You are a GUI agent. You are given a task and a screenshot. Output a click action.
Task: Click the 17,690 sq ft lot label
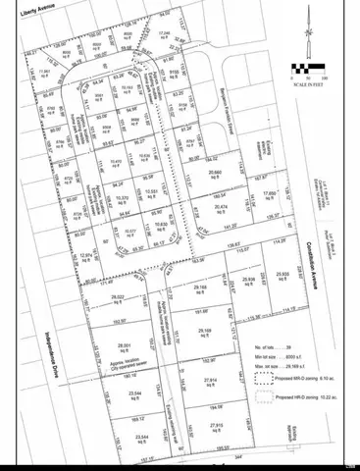tap(269, 196)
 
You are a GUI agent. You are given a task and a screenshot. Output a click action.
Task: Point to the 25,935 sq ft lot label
tap(257, 278)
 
